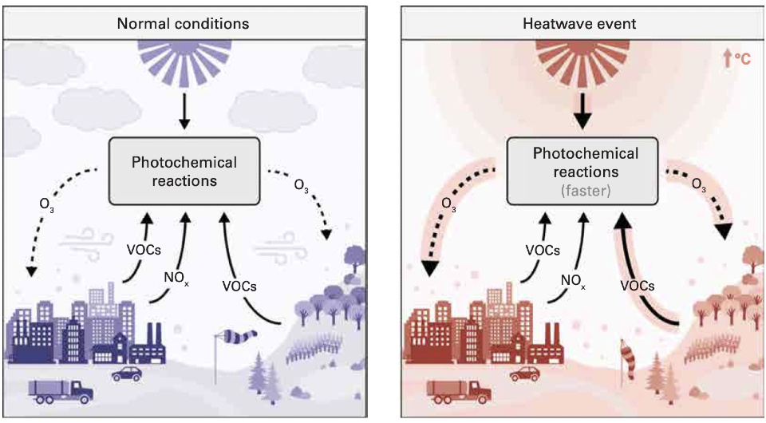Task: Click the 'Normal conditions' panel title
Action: pyautogui.click(x=183, y=23)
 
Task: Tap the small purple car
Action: pyautogui.click(x=125, y=373)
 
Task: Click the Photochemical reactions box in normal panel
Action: pyautogui.click(x=184, y=171)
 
